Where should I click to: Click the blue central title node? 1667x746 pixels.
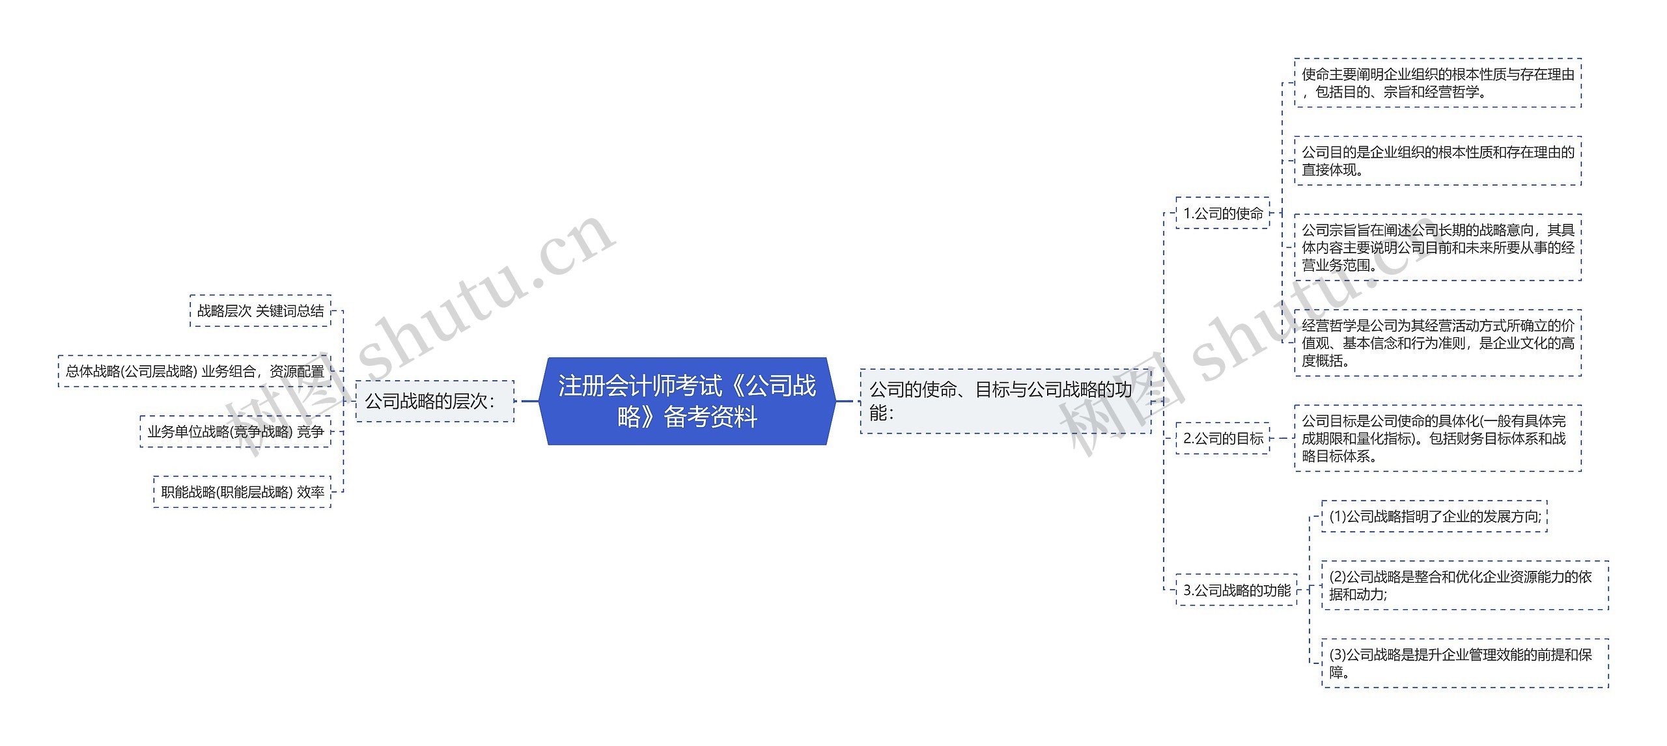(687, 400)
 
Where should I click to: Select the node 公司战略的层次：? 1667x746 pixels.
(434, 401)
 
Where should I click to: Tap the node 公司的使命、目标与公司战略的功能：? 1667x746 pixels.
(1005, 401)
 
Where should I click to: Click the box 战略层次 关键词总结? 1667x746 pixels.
(260, 311)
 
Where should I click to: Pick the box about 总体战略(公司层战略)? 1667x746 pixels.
(195, 371)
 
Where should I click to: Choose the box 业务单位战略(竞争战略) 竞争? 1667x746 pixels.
(235, 432)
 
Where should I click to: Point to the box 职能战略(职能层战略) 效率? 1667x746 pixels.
(242, 492)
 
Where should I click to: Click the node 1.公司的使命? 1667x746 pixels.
(1223, 213)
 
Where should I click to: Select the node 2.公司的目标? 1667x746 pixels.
(1223, 438)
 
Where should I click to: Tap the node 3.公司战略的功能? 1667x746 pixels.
(1237, 590)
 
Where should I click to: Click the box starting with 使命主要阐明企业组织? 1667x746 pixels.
(1437, 83)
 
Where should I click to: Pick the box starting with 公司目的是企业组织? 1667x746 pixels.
(1437, 161)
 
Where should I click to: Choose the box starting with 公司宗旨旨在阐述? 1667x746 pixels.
(1437, 247)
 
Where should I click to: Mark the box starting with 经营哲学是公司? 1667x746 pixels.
(1437, 343)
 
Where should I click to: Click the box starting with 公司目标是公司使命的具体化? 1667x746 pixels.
(1437, 438)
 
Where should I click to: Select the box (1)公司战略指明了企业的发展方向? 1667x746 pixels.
(1435, 516)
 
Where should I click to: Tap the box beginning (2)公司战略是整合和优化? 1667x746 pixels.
(1464, 585)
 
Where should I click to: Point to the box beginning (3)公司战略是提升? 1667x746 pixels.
(1464, 663)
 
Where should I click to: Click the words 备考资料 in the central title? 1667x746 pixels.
(710, 417)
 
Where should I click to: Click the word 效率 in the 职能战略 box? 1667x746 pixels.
(311, 492)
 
